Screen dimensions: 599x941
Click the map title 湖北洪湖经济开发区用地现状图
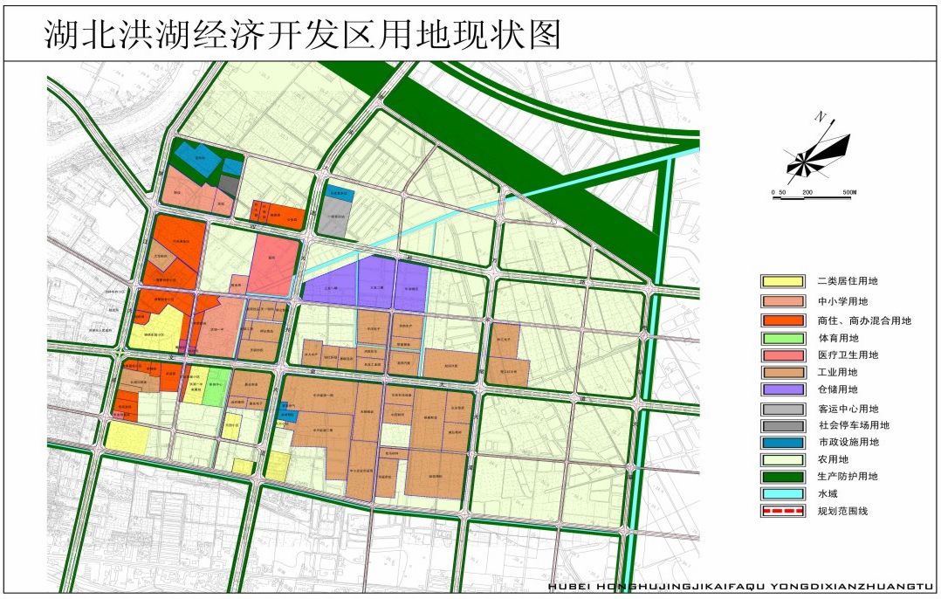click(301, 35)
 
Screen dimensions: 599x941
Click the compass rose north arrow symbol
click(817, 155)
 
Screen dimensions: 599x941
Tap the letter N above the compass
click(820, 117)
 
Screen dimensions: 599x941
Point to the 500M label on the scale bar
click(849, 191)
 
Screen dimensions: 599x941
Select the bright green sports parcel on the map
click(215, 386)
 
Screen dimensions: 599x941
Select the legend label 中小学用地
click(841, 301)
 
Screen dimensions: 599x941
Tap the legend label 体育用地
click(838, 338)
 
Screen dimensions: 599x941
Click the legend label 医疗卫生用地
click(847, 355)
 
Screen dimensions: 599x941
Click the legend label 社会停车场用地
click(853, 425)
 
